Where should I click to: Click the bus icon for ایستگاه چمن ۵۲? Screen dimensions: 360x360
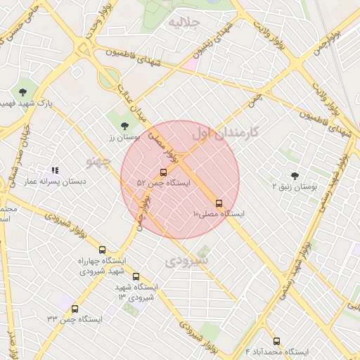point(164,172)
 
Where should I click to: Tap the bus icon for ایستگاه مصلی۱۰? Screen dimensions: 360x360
point(219,203)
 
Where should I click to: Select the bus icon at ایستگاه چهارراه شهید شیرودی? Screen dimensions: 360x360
point(103,250)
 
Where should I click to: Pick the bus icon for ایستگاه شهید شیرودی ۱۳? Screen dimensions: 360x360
point(136,276)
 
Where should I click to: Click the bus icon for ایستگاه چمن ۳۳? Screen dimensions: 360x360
point(75,309)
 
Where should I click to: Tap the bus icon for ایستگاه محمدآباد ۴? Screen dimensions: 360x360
point(276,341)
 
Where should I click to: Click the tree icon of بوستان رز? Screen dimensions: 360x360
point(124,125)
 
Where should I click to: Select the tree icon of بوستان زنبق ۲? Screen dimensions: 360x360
point(294,176)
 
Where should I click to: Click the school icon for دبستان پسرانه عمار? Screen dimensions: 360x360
point(55,170)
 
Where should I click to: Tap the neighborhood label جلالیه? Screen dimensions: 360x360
point(184,22)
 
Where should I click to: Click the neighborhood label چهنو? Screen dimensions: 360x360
point(98,162)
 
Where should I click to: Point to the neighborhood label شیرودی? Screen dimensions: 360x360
point(187,262)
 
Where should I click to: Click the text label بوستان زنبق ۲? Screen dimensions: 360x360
point(295,187)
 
